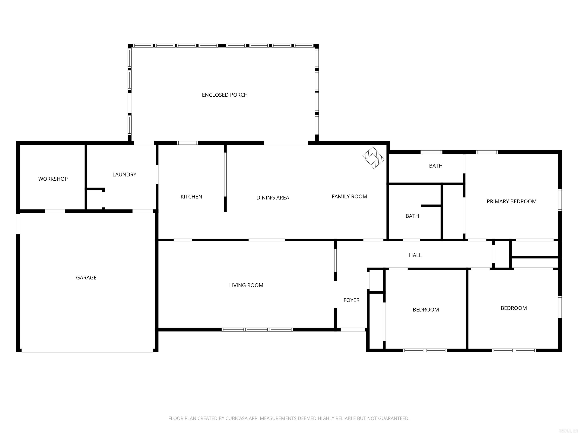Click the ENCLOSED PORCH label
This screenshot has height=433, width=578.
coord(225,95)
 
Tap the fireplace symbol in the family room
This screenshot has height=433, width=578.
coord(373,158)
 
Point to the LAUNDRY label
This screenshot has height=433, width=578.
coord(124,175)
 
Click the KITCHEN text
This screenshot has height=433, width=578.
coord(191,197)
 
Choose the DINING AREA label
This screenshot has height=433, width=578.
coord(273,198)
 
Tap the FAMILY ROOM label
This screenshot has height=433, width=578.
coord(349,197)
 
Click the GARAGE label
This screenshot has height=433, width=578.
coord(86,278)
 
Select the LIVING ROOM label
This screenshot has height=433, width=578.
coord(246,285)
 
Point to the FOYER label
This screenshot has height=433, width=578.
coord(351,300)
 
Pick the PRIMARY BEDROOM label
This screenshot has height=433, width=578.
coord(511,201)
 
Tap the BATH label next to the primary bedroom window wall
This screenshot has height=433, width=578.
coord(436,166)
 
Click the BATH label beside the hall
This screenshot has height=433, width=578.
coord(412,216)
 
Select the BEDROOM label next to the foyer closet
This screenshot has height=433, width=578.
coord(426,310)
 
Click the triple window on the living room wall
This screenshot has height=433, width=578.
coord(257,330)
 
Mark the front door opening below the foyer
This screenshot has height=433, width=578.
coord(353,330)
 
